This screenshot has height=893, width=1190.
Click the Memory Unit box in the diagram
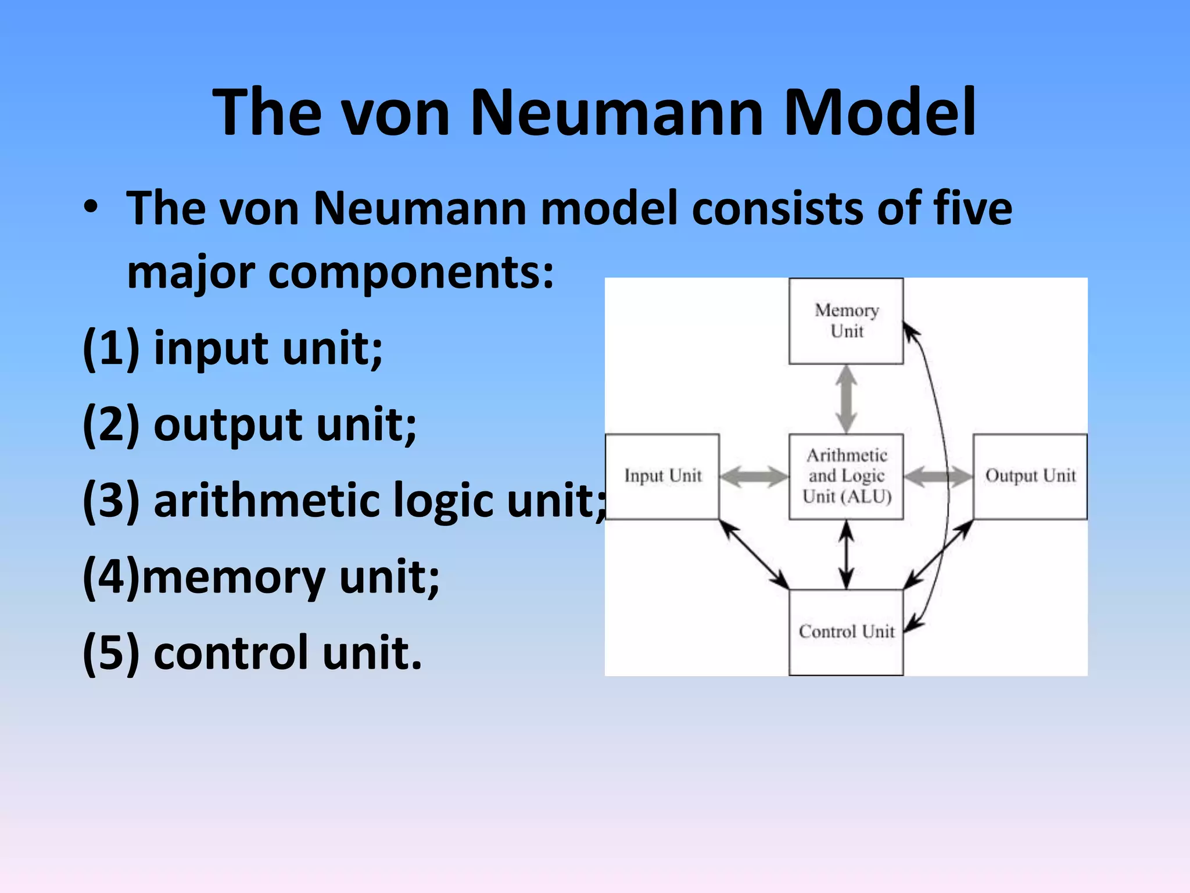tap(845, 321)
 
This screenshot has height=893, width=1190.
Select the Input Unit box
tap(662, 476)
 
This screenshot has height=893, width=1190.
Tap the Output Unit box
tap(1030, 476)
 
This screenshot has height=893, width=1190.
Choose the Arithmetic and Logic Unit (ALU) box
tap(845, 476)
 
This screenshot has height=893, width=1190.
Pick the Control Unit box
tap(845, 632)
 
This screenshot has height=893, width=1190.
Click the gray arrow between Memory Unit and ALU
tap(846, 399)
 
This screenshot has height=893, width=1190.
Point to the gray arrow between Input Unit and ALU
tap(754, 477)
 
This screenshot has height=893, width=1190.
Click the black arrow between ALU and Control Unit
tap(847, 555)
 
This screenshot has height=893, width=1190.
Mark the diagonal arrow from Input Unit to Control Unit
tap(754, 554)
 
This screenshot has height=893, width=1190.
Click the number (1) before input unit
tap(111, 349)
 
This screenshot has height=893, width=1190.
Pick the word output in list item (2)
tap(228, 426)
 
